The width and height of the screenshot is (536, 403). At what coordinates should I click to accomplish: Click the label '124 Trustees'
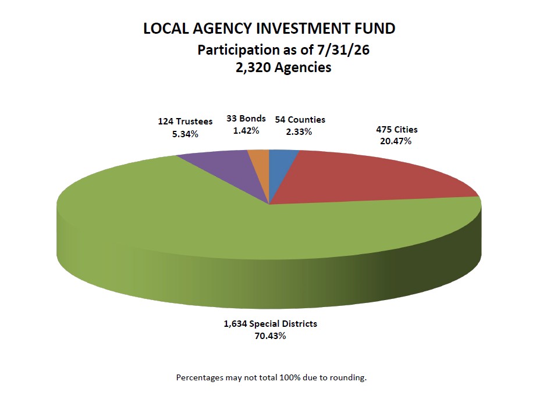[x=185, y=122]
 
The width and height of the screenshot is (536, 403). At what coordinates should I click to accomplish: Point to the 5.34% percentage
[x=185, y=134]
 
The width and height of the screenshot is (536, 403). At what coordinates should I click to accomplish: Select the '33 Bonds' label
[x=246, y=119]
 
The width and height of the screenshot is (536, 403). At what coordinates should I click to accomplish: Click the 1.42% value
[x=246, y=131]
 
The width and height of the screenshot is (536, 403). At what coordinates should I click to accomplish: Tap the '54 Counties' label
[x=300, y=120]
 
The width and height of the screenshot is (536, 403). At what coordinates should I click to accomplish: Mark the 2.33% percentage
[x=299, y=132]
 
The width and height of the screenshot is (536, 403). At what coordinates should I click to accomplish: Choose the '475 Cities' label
[x=397, y=130]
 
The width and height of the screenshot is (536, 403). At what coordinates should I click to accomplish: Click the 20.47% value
[x=396, y=141]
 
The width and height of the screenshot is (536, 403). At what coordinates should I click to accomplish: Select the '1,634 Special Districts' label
[x=271, y=324]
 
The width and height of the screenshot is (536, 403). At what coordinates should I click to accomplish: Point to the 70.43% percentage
[x=270, y=336]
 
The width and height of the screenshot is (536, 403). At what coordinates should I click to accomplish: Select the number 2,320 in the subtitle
[x=253, y=67]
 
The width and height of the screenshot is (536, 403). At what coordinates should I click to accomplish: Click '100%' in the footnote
[x=288, y=378]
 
